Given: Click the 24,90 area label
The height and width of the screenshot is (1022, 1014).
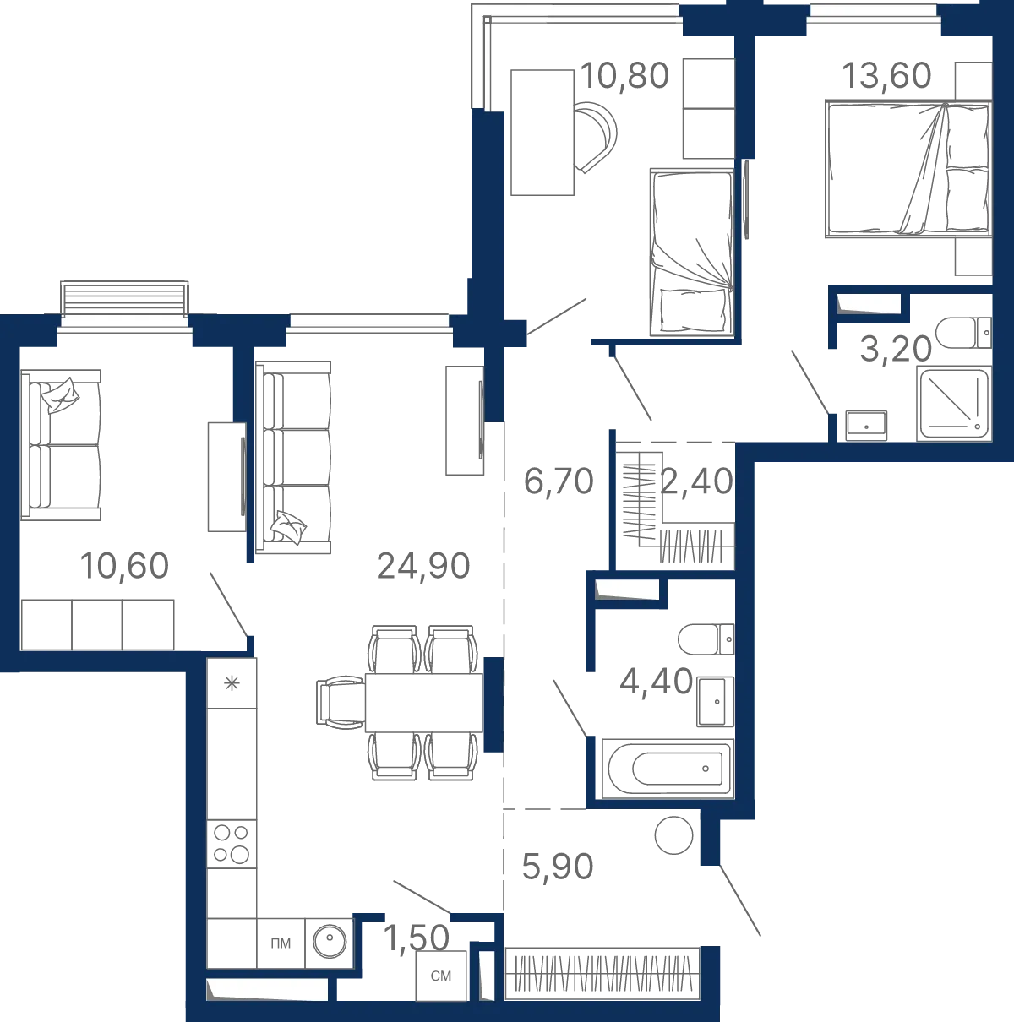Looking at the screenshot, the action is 422,566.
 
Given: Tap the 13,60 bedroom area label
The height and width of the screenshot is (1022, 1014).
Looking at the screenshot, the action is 886,75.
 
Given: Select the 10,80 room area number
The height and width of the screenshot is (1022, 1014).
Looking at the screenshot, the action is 624,75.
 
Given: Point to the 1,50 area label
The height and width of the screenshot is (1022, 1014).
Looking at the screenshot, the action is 416,938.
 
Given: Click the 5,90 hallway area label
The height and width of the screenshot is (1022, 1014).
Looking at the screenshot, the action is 557,867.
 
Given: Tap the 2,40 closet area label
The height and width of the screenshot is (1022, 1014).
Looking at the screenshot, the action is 696,481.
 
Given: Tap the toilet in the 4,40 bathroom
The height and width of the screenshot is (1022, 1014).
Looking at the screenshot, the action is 706,639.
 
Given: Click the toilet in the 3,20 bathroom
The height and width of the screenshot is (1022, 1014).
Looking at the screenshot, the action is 963,333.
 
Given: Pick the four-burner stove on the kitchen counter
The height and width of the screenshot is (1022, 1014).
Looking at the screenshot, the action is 232,845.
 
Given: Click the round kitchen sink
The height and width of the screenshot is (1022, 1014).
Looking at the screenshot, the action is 330,942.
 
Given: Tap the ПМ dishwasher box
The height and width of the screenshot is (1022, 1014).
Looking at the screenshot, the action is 281,943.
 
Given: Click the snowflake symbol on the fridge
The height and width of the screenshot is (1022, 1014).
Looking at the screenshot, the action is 232,683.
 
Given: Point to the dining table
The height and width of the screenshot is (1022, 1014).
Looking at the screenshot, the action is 424,703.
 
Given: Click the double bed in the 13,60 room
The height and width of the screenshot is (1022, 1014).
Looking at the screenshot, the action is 908,169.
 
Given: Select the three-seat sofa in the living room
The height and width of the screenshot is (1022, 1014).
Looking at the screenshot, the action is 293,458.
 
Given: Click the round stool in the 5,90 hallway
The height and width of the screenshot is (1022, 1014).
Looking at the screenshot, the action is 673,835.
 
